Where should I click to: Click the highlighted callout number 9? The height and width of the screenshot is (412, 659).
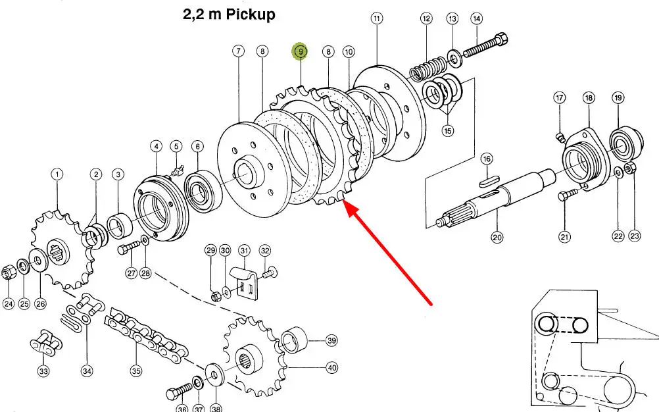click(x=301, y=52)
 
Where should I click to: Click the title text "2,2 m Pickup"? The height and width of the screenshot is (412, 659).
click(x=229, y=14)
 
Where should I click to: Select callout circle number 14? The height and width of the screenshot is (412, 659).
click(x=476, y=18)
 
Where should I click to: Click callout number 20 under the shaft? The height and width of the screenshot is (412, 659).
click(x=497, y=238)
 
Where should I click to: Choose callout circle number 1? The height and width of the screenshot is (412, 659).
click(x=57, y=174)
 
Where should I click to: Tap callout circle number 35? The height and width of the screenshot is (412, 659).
click(x=135, y=371)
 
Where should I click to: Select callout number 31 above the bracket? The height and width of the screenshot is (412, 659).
click(x=244, y=250)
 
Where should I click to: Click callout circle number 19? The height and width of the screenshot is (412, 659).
click(x=618, y=98)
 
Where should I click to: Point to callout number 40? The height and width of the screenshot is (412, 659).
click(x=331, y=368)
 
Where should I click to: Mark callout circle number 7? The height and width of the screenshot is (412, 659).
click(x=238, y=51)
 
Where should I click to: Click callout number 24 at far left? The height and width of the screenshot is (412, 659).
click(x=8, y=303)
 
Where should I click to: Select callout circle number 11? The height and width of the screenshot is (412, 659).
click(x=376, y=18)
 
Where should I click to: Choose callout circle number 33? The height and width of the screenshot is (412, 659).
click(x=43, y=371)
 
